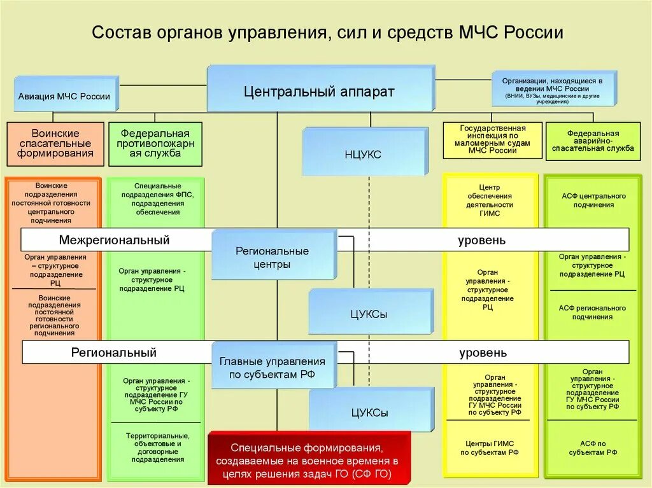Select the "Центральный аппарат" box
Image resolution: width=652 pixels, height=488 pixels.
coord(320,91)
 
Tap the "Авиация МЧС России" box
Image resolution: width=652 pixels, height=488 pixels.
coord(64,96)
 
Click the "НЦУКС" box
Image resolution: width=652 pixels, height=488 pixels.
coord(363,154)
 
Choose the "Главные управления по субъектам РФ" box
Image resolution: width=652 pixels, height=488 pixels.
coord(273,368)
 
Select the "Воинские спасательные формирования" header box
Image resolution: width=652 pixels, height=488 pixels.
coord(55,143)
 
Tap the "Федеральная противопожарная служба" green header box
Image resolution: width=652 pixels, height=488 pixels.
coord(155,143)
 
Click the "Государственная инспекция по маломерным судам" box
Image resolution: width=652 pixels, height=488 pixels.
coord(492,140)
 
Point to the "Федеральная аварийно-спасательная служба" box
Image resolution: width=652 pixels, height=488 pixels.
coord(593,141)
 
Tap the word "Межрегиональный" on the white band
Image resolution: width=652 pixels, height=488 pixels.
coord(115,240)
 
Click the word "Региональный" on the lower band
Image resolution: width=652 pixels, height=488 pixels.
coord(114,352)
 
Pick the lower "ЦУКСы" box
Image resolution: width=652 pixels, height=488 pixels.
coord(370,412)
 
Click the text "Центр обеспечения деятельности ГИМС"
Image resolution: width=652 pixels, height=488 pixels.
coord(490,200)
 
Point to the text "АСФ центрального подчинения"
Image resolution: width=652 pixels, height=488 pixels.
coord(593,200)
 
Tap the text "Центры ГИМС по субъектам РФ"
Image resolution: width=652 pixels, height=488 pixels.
coord(490,448)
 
